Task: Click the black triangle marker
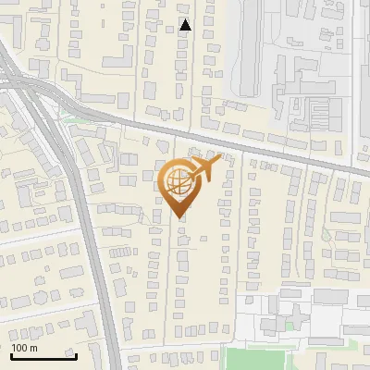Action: pyautogui.click(x=186, y=25)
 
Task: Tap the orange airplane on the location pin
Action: pyautogui.click(x=205, y=169)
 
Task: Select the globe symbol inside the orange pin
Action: pyautogui.click(x=176, y=182)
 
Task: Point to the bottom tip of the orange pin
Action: pyautogui.click(x=178, y=217)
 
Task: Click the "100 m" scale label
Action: pyautogui.click(x=25, y=348)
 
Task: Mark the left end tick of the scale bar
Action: pyautogui.click(x=10, y=355)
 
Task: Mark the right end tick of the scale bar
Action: pyautogui.click(x=75, y=355)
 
